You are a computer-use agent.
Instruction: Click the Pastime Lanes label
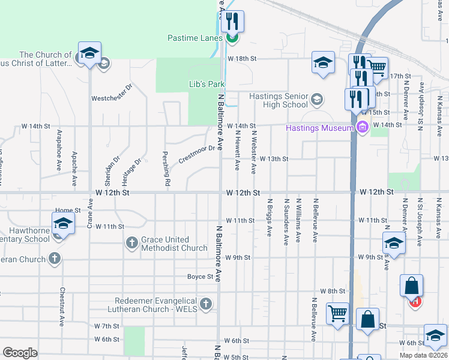tap(195, 38)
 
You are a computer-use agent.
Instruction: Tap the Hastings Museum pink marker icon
tap(362, 127)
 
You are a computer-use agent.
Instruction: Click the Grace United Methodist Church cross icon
tap(132, 244)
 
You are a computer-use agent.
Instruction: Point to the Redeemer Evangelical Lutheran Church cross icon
tap(206, 304)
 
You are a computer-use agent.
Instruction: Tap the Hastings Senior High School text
tap(278, 100)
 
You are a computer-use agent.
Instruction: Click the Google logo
tap(20, 352)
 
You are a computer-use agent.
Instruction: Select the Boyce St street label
tap(200, 277)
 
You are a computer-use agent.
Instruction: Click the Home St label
tap(68, 211)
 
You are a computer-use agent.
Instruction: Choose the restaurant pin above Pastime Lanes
tap(232, 21)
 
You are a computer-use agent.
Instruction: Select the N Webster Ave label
tap(254, 153)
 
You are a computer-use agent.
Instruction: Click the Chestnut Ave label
tap(61, 306)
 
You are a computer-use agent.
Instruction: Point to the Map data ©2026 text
tap(423, 355)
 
